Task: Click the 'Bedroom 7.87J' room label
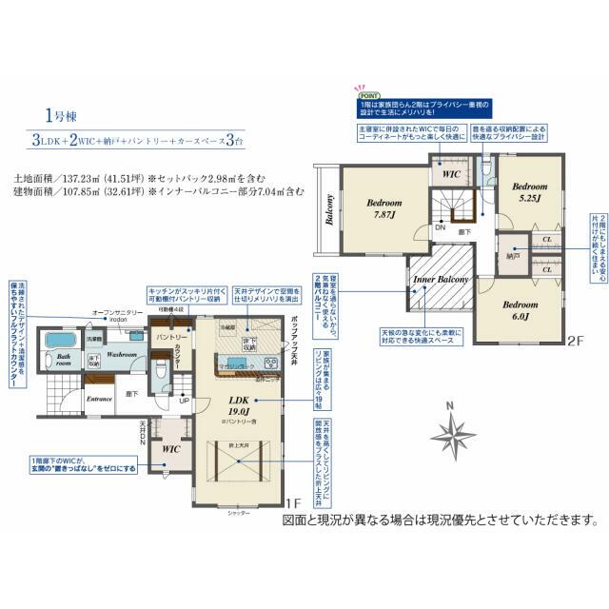(384, 208)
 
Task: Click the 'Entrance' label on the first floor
(100, 399)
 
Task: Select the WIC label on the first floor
(171, 447)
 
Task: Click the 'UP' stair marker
(184, 402)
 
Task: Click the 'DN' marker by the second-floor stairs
(440, 228)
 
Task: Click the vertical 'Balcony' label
(329, 211)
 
